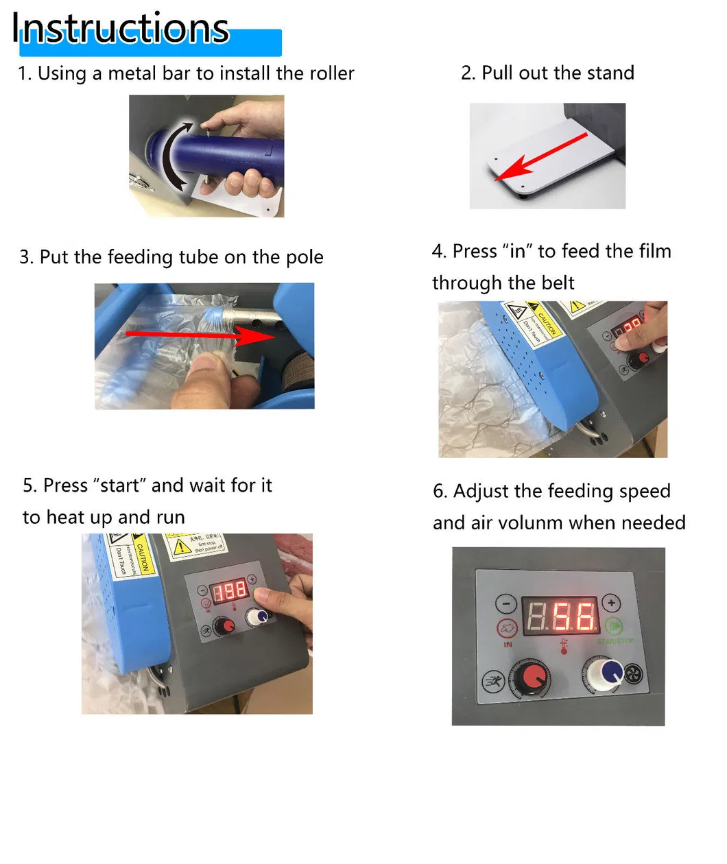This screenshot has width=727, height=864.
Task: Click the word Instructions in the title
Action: (121, 29)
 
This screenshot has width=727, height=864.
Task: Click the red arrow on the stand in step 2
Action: (541, 157)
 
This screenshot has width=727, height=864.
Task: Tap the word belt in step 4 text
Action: (558, 283)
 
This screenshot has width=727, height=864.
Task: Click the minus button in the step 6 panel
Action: (506, 603)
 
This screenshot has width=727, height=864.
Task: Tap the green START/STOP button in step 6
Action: (614, 627)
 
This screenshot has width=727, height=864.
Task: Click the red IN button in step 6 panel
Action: (507, 628)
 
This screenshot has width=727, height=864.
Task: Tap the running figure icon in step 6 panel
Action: (493, 682)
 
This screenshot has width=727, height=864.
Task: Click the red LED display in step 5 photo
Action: (228, 590)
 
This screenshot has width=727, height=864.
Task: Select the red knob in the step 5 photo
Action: (224, 625)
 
